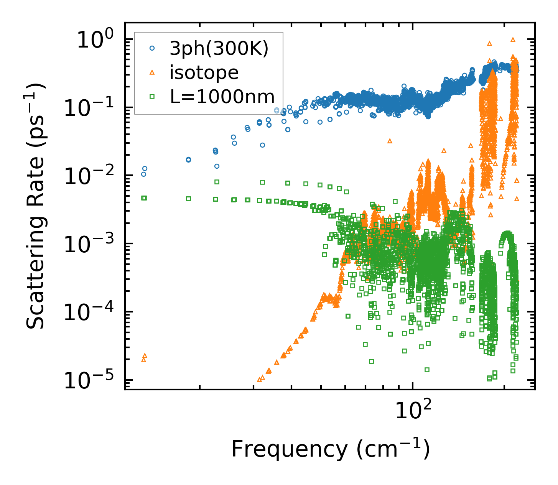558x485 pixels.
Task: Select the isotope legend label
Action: tap(204, 72)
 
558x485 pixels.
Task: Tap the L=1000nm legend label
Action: tap(222, 97)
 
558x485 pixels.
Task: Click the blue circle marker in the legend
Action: tap(152, 48)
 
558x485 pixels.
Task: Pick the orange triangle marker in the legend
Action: tap(152, 72)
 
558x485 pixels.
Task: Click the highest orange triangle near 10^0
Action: tap(513, 39)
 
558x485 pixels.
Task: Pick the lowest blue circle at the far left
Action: tap(143, 174)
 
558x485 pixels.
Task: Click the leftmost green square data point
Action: tap(144, 198)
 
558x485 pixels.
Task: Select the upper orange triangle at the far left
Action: tap(145, 356)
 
